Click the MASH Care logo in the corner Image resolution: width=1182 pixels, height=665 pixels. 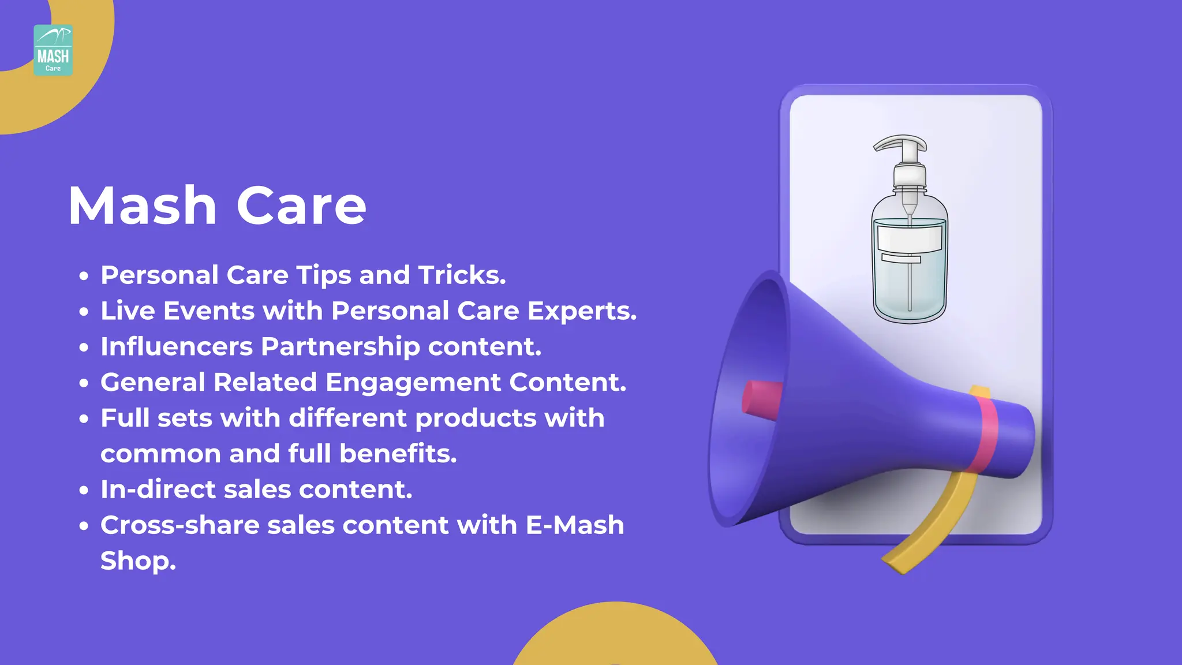click(x=53, y=50)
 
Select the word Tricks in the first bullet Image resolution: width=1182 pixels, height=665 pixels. click(x=462, y=275)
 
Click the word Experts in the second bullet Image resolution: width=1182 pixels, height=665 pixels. click(x=582, y=311)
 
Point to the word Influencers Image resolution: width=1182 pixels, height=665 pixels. click(x=177, y=346)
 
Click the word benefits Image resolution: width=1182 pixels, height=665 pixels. click(x=398, y=453)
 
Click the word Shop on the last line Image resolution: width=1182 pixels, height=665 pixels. click(x=138, y=561)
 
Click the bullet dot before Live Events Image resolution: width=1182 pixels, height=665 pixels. click(x=84, y=312)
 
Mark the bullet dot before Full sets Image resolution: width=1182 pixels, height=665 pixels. click(x=84, y=419)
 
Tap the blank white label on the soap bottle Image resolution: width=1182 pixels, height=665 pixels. click(x=910, y=238)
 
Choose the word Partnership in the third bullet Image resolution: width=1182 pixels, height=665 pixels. click(x=340, y=347)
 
